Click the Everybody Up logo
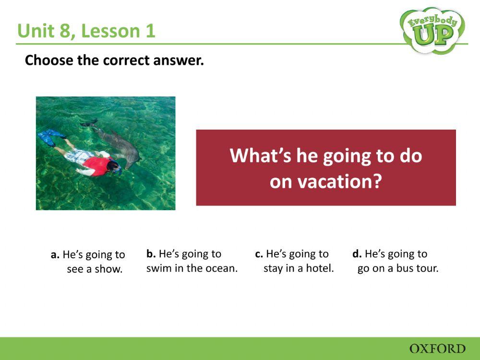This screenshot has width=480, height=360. [432, 30]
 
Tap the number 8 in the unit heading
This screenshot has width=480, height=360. [68, 31]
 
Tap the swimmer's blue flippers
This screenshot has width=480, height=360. [50, 138]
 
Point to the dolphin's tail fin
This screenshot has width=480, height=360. [89, 123]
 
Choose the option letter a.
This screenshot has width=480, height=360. [55, 255]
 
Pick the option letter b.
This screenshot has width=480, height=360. [151, 253]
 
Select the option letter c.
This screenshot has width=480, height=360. [259, 253]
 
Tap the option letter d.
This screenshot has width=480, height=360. [357, 253]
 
